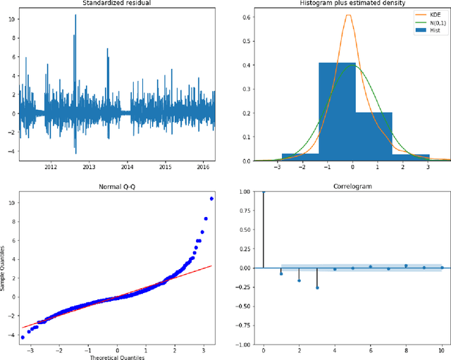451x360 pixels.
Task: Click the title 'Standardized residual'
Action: point(118,4)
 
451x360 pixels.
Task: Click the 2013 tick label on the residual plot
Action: point(89,167)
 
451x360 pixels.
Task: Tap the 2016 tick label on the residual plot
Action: point(203,167)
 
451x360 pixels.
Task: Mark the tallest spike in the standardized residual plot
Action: point(75,16)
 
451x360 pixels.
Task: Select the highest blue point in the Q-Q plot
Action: point(211,199)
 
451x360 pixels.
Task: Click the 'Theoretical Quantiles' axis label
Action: point(118,356)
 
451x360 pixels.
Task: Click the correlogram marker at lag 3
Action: point(317,287)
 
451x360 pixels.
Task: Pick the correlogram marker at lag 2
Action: point(299,280)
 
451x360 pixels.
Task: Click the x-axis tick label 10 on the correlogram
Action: point(442,350)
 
